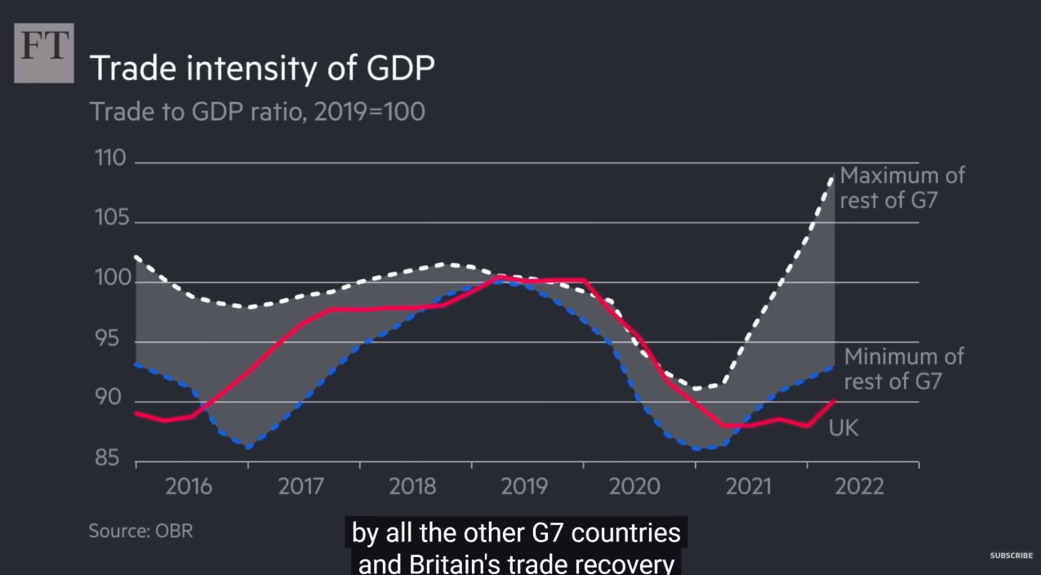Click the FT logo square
tap(44, 53)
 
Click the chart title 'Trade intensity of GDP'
tap(261, 69)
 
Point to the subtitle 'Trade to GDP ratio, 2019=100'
tap(257, 111)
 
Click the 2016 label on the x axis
tap(189, 487)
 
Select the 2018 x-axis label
tap(412, 487)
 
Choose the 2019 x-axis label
tap(524, 487)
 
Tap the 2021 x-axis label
tap(748, 487)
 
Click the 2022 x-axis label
tap(860, 487)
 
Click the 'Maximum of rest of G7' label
tap(901, 188)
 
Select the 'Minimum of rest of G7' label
tap(903, 368)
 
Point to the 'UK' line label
tap(843, 427)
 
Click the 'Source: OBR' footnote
tap(140, 530)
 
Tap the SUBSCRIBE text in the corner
tap(1011, 555)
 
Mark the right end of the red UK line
tap(834, 399)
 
